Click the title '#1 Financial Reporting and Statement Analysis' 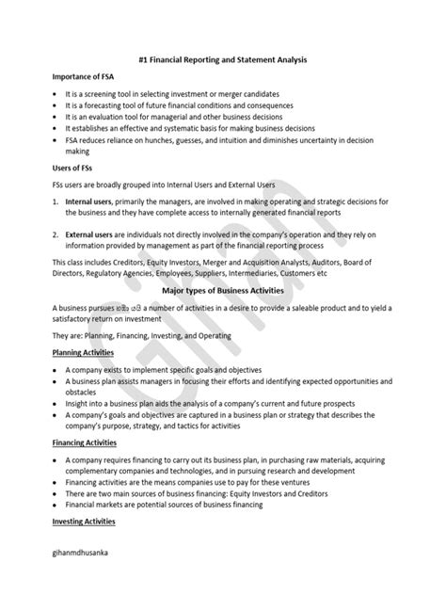[x=222, y=59]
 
